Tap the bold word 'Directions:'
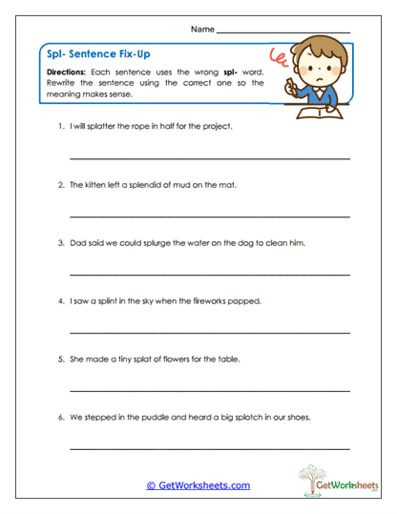[68, 73]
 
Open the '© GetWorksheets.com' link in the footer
[198, 485]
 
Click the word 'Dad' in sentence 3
[78, 243]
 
